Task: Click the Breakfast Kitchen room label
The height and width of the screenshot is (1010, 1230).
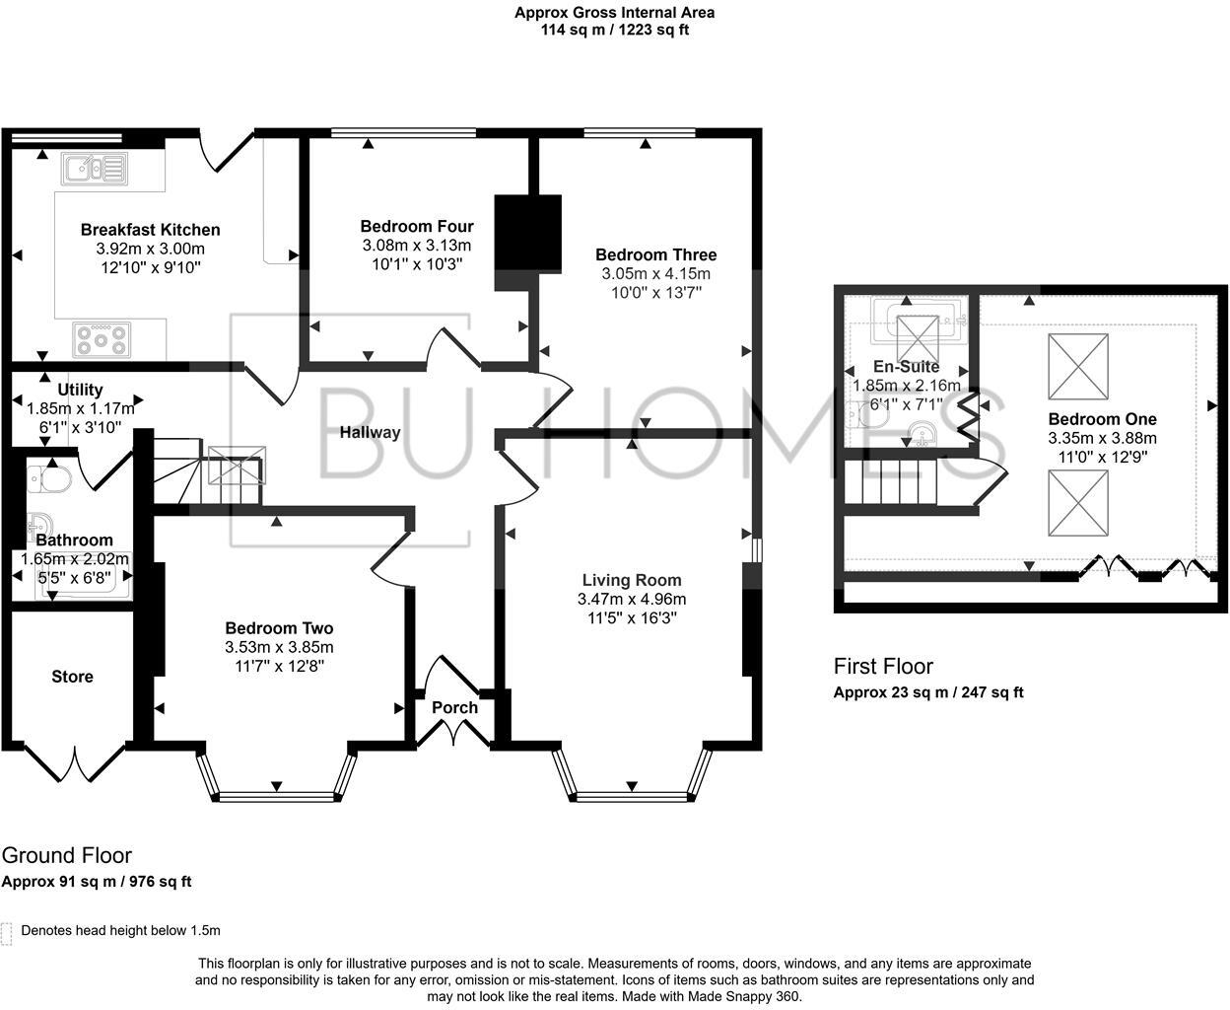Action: pyautogui.click(x=150, y=230)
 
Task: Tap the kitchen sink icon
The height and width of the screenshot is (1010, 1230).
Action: pyautogui.click(x=94, y=169)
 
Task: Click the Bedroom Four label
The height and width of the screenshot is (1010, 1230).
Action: pyautogui.click(x=416, y=226)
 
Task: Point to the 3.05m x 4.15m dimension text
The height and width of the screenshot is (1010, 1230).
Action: pyautogui.click(x=655, y=273)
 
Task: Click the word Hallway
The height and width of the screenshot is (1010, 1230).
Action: pyautogui.click(x=370, y=432)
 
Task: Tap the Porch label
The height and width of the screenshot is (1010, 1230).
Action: pyautogui.click(x=454, y=707)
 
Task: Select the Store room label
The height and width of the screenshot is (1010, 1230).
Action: pyautogui.click(x=72, y=677)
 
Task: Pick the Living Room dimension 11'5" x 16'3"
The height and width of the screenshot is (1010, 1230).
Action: pyautogui.click(x=631, y=617)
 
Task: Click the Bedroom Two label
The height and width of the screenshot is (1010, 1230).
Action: pyautogui.click(x=279, y=628)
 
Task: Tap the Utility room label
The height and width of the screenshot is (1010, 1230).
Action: pyautogui.click(x=80, y=390)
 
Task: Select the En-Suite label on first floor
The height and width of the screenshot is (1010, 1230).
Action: pyautogui.click(x=906, y=367)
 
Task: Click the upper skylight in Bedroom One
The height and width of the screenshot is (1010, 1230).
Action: pyautogui.click(x=1077, y=366)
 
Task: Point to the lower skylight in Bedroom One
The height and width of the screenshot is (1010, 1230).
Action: pyautogui.click(x=1077, y=503)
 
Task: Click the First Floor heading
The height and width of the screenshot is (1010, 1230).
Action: pyautogui.click(x=883, y=666)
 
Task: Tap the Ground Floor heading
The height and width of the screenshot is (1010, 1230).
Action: pyautogui.click(x=67, y=855)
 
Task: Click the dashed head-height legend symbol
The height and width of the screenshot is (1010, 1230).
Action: pyautogui.click(x=7, y=933)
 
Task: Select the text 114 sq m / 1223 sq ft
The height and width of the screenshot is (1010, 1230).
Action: pyautogui.click(x=614, y=30)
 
